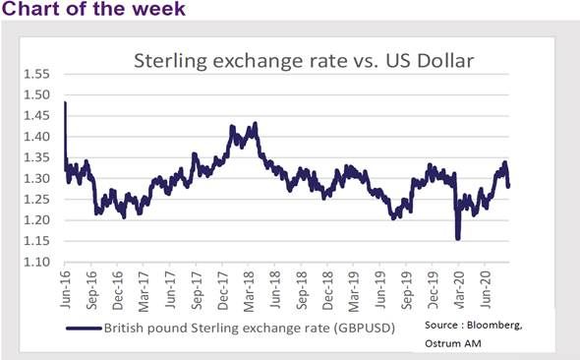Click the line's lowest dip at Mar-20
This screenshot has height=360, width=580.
458,237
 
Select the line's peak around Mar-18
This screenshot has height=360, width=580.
255,125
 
